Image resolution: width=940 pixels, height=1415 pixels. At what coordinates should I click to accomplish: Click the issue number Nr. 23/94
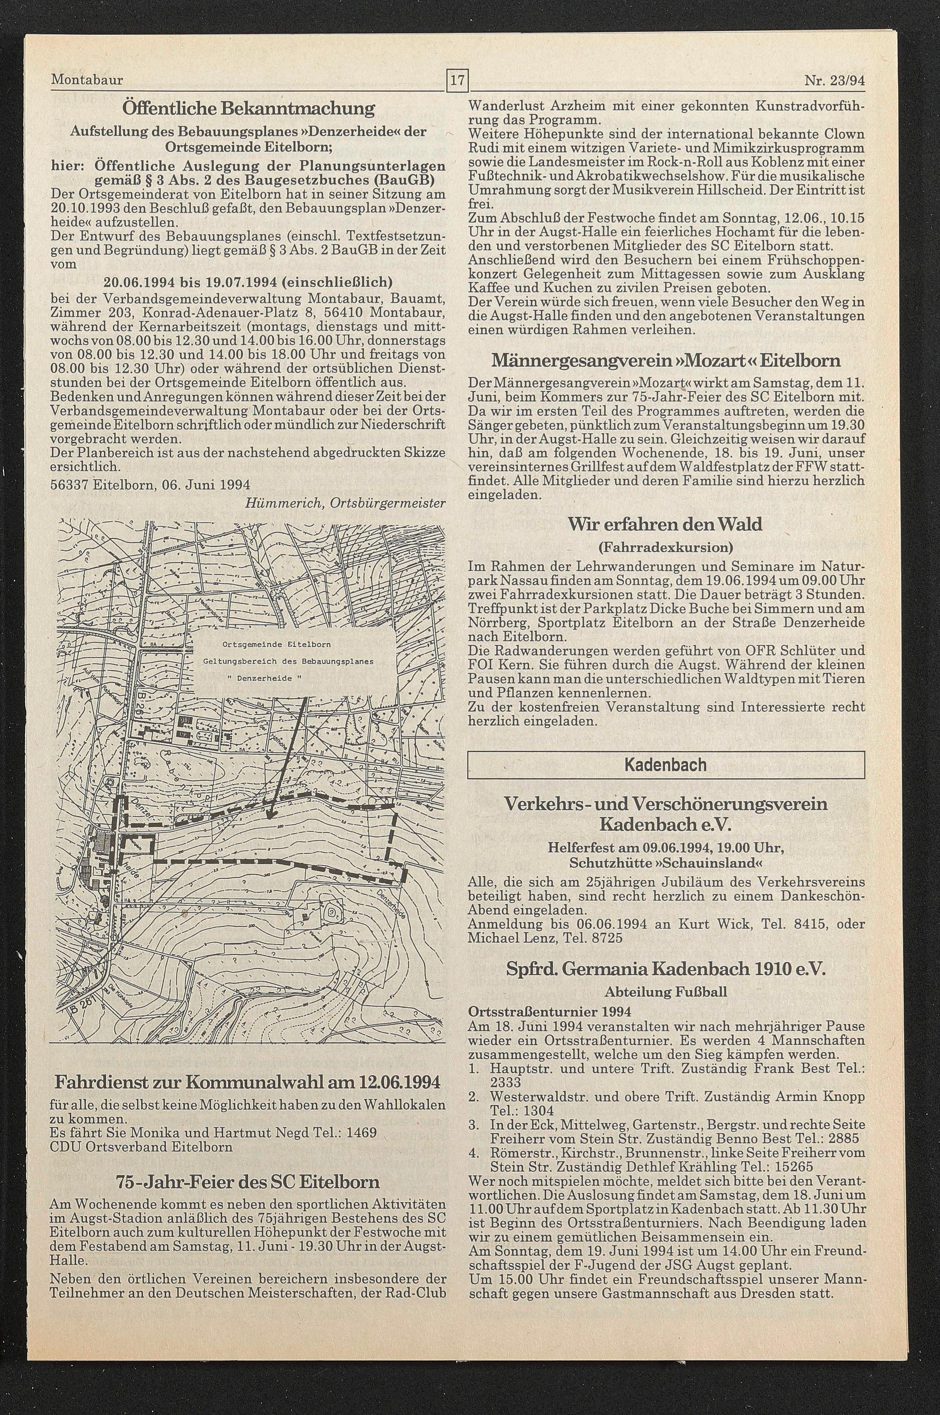[838, 80]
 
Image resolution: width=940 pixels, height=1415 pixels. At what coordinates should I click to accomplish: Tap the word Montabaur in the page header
[87, 80]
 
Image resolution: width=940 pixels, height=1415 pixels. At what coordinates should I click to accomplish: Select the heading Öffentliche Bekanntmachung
[248, 109]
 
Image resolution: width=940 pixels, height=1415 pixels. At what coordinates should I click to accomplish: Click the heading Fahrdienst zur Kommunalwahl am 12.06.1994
[248, 1044]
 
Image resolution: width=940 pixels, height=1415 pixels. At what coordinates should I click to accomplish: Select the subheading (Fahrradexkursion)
[666, 547]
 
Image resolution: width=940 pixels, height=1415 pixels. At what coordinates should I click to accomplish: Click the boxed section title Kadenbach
[666, 765]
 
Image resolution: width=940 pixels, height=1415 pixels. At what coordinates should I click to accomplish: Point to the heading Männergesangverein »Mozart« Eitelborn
[666, 361]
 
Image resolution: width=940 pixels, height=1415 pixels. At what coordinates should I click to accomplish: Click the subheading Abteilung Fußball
[666, 992]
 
